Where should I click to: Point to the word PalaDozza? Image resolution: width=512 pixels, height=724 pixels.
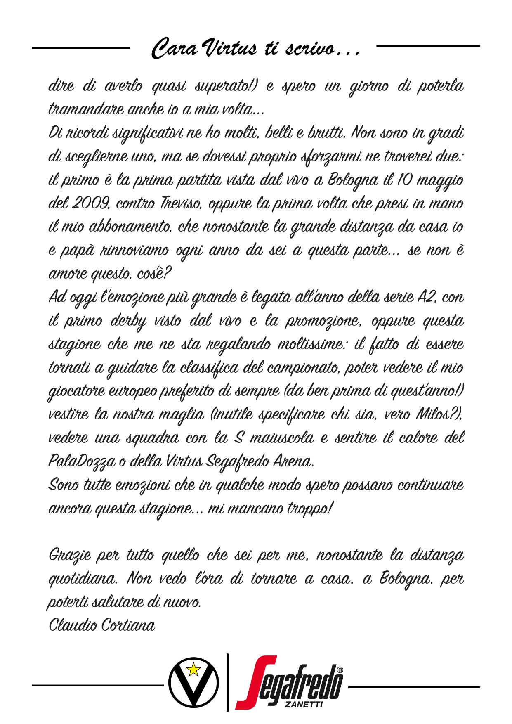(x=82, y=461)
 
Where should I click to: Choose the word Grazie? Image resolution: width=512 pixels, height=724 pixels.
(x=69, y=555)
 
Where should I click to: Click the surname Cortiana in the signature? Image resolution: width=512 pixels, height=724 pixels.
(x=128, y=625)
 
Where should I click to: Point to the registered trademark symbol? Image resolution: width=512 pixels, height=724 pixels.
(x=339, y=669)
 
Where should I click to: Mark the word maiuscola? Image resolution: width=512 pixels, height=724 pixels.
(x=282, y=438)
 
